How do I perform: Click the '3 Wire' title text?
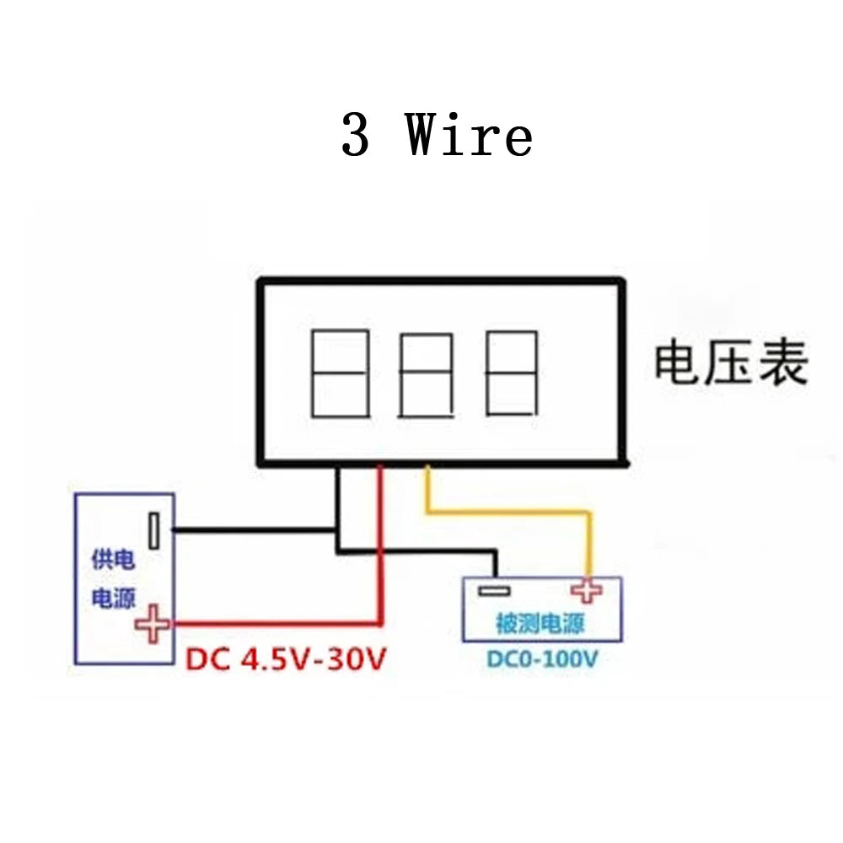437,137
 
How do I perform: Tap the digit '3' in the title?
355,137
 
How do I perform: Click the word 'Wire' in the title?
470,137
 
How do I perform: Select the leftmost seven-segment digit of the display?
341,373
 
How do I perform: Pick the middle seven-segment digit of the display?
426,375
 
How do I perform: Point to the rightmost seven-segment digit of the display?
511,373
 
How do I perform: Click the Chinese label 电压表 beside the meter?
731,363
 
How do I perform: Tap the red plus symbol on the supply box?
153,624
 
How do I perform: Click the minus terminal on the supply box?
154,530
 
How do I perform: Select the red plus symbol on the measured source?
588,591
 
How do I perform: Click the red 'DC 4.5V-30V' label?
285,658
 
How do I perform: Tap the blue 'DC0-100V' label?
541,658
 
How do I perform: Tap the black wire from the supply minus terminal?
253,530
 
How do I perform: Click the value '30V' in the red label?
354,658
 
